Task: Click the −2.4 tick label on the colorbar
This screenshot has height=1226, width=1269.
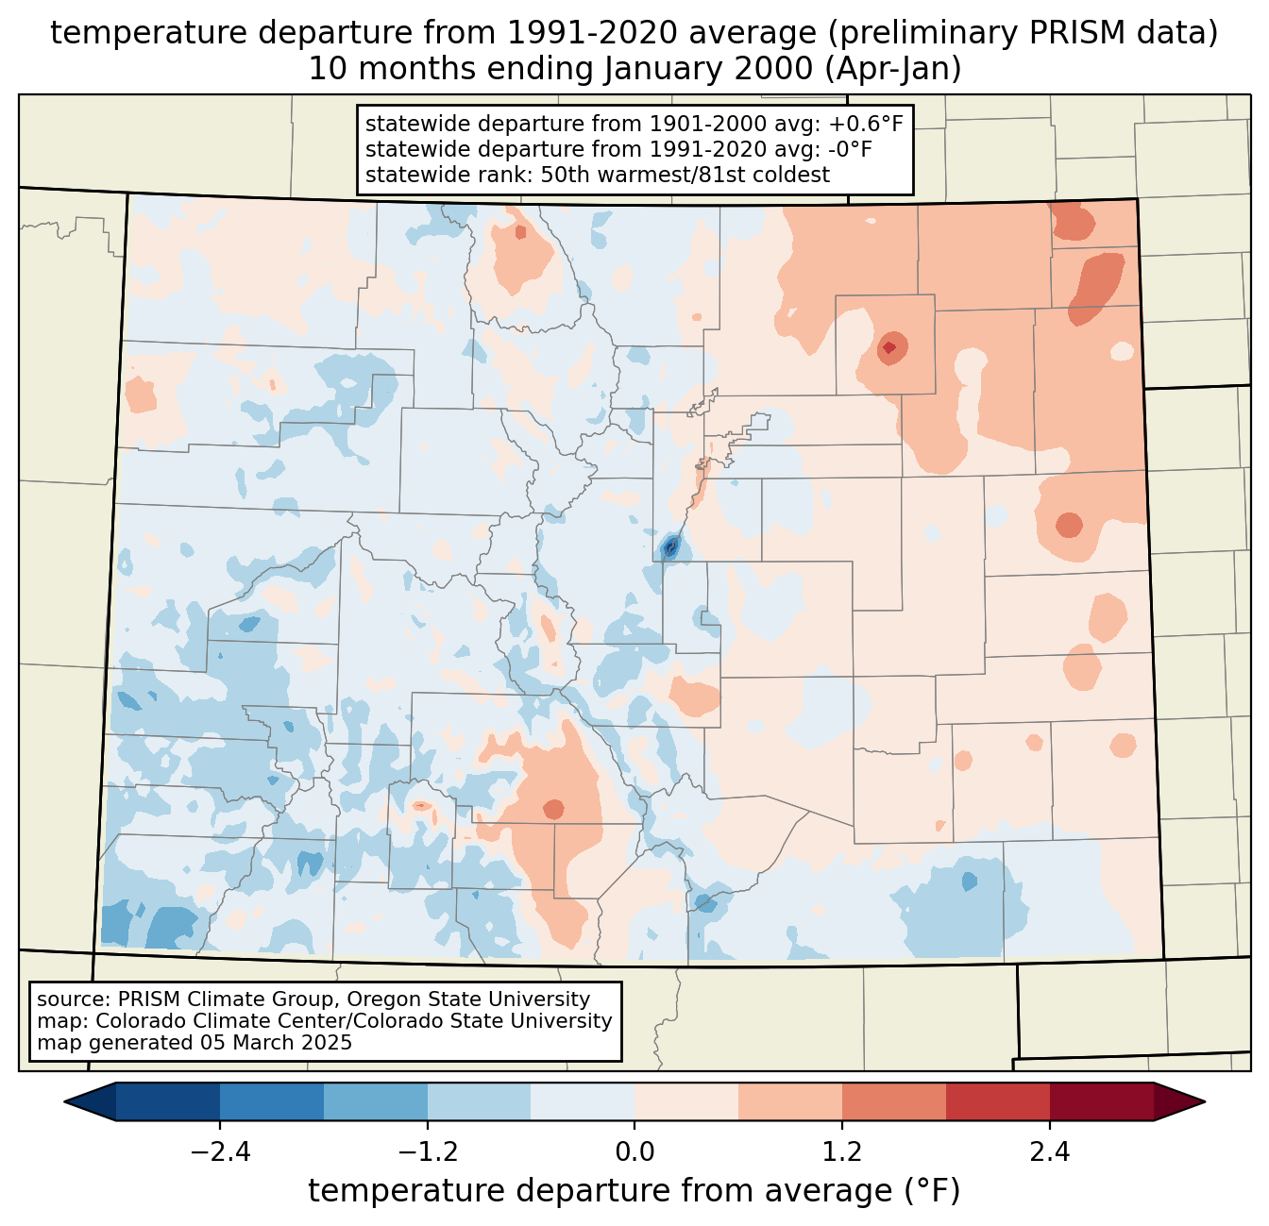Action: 219,1152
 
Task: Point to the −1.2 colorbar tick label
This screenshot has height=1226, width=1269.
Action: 427,1152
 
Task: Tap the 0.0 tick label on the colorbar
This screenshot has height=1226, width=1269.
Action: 634,1152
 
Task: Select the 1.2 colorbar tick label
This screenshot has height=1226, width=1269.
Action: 842,1152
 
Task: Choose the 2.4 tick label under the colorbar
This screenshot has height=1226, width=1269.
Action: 1050,1152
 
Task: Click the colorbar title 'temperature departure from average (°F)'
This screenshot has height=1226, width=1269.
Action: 634,1191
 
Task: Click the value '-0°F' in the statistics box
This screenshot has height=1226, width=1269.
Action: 851,149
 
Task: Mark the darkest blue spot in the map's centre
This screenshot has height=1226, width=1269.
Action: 670,546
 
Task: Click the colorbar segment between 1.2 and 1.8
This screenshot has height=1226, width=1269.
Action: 893,1101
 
